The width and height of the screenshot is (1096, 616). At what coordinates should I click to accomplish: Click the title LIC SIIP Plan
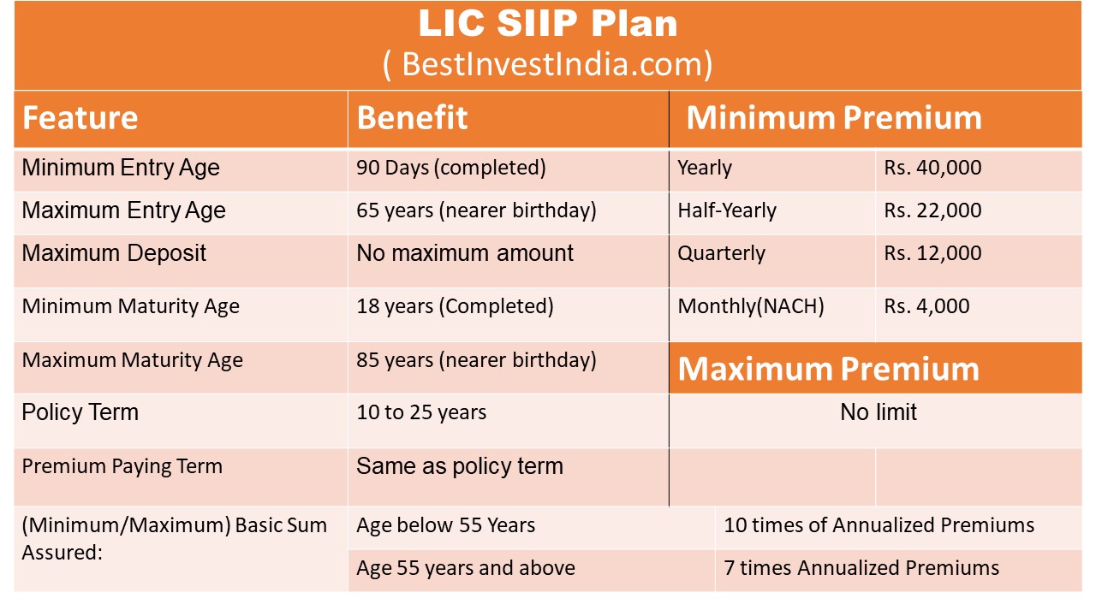click(x=548, y=24)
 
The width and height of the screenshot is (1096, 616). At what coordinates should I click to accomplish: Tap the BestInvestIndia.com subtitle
click(x=548, y=64)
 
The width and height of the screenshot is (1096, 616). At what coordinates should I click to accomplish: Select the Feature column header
click(x=80, y=118)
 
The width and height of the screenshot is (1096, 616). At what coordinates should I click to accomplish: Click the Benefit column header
click(x=412, y=118)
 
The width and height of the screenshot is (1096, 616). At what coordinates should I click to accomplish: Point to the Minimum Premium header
click(x=833, y=118)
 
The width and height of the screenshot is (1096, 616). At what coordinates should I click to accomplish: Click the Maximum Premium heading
click(x=828, y=369)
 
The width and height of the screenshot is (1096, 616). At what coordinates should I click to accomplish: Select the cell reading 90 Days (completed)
click(x=450, y=168)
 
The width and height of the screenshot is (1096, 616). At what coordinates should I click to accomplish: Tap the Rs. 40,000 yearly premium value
click(x=932, y=168)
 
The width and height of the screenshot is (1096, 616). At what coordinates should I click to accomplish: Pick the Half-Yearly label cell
click(x=726, y=210)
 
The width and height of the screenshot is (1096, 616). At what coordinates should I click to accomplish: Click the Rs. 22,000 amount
click(x=932, y=210)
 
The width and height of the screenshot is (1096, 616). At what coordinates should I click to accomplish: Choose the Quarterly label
click(x=721, y=253)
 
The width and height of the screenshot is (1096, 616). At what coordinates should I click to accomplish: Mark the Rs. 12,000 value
click(x=932, y=253)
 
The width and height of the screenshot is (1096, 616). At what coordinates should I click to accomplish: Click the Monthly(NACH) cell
click(x=750, y=306)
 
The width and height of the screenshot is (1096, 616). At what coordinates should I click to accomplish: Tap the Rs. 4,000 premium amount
click(x=926, y=306)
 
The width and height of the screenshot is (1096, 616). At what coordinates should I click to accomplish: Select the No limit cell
click(x=878, y=412)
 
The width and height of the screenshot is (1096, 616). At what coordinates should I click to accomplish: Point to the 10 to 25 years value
click(x=421, y=412)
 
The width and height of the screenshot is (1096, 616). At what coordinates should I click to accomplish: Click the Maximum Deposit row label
click(x=114, y=253)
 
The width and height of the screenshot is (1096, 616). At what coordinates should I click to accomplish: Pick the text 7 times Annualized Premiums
click(x=861, y=568)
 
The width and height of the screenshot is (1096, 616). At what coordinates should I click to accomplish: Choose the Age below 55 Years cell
click(x=445, y=525)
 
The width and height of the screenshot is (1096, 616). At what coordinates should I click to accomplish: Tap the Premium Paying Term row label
click(x=122, y=466)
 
